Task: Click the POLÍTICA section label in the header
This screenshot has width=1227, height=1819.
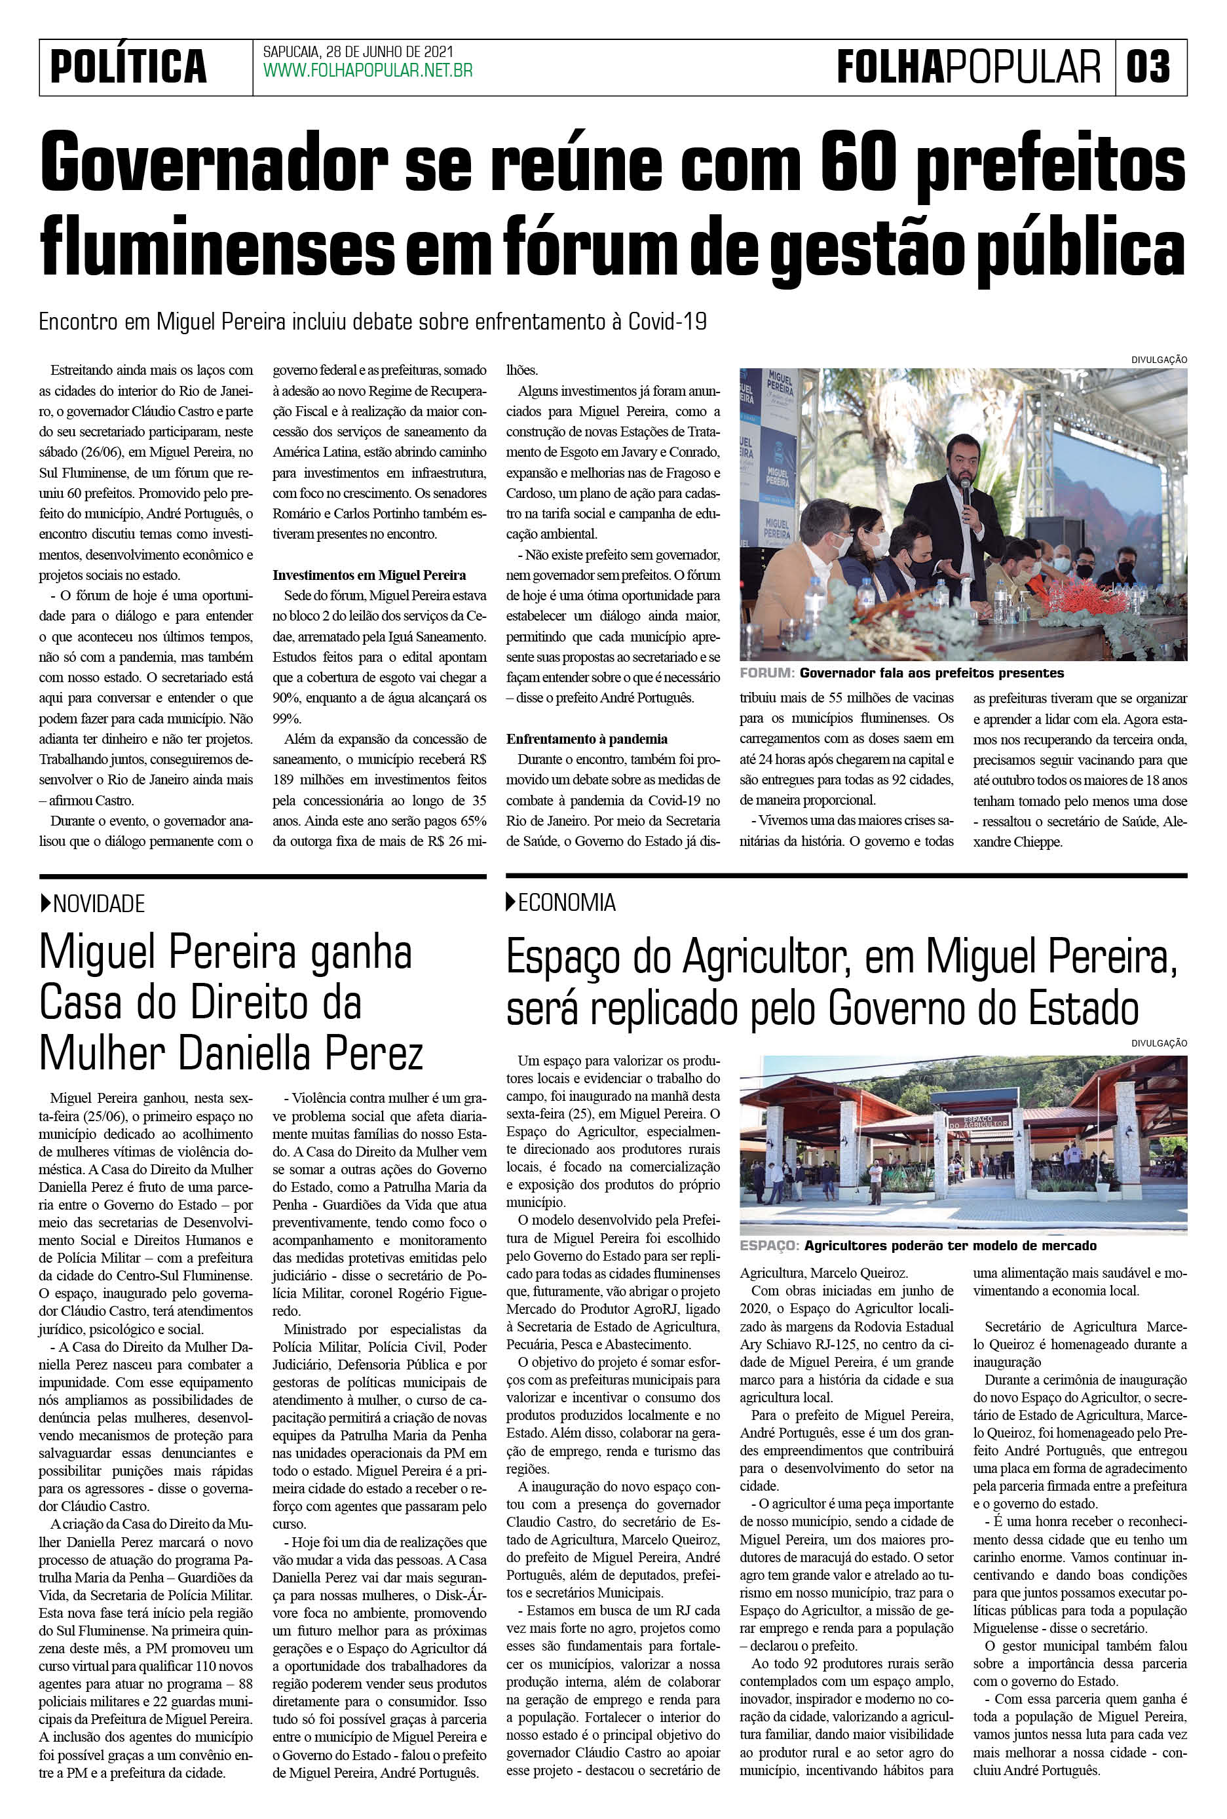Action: [x=128, y=67]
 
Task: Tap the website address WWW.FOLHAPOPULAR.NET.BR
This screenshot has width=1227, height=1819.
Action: [x=368, y=71]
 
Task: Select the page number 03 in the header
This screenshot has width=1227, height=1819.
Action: [x=1148, y=67]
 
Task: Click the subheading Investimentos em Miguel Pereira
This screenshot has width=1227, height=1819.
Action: [x=369, y=575]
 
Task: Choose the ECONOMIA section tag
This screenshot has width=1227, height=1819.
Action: [x=567, y=902]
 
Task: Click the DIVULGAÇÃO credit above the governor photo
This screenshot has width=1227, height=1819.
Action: [x=1158, y=359]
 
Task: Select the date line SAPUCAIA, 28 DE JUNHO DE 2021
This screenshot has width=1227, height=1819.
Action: [x=358, y=52]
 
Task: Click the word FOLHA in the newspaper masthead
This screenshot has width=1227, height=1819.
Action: [x=890, y=67]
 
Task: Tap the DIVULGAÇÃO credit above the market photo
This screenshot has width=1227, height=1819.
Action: [x=1158, y=1043]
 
